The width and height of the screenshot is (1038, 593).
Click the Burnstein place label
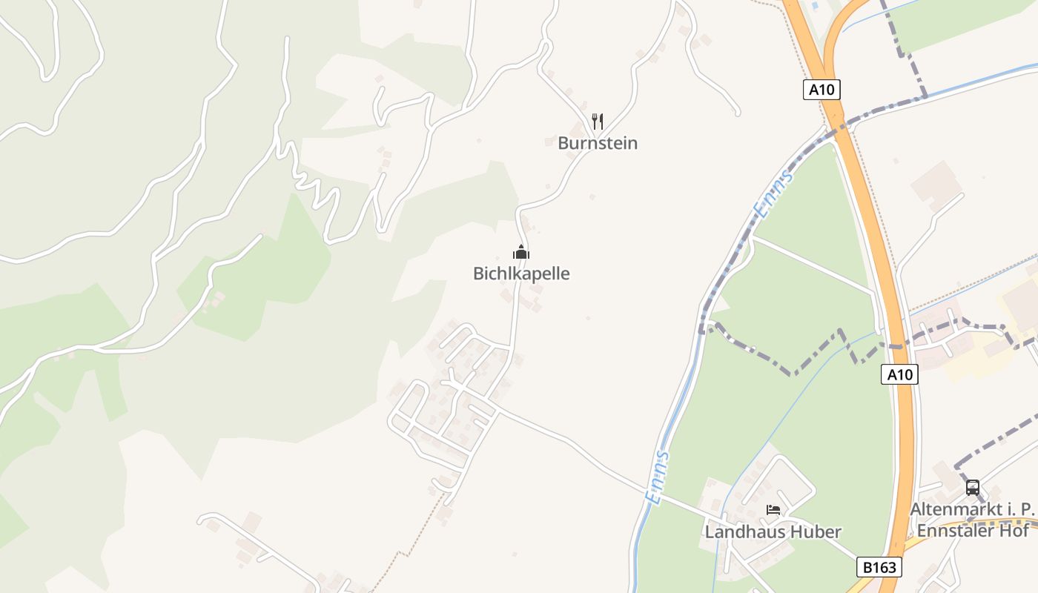[x=597, y=143]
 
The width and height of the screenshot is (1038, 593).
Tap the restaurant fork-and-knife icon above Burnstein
[x=598, y=122]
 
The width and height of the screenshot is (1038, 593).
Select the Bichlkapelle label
[x=521, y=274]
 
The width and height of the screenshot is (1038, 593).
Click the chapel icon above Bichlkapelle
[x=521, y=252]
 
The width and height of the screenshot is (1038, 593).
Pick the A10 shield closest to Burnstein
[x=822, y=90]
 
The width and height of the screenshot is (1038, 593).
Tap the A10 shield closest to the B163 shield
[x=900, y=374]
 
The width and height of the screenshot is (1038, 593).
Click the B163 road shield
[x=880, y=568]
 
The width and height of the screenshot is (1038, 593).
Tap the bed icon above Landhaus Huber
[x=773, y=510]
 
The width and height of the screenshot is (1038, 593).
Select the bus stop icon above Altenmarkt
[x=972, y=488]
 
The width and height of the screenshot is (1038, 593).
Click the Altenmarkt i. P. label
[x=972, y=510]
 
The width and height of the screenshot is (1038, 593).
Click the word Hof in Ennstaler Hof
[x=1016, y=531]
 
